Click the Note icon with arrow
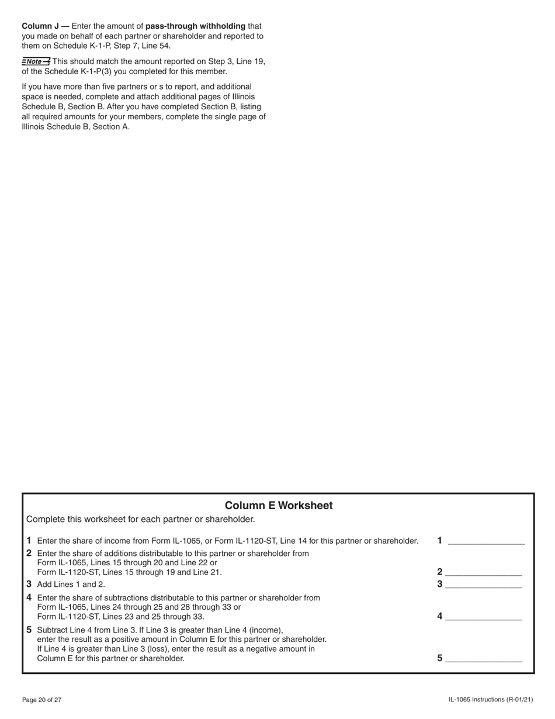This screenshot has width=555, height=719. click(x=36, y=61)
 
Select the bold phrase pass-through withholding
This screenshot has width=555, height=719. click(x=195, y=26)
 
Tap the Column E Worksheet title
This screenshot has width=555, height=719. click(x=279, y=506)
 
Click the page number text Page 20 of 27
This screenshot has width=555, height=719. click(x=41, y=700)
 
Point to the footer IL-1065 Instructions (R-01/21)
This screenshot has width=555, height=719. click(x=491, y=700)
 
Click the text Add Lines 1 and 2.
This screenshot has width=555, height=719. click(x=71, y=585)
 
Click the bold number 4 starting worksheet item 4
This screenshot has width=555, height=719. click(x=29, y=598)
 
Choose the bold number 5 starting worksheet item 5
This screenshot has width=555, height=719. click(x=29, y=630)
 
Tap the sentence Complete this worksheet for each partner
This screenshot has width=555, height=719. click(x=140, y=519)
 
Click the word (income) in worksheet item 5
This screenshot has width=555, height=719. click(x=265, y=630)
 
